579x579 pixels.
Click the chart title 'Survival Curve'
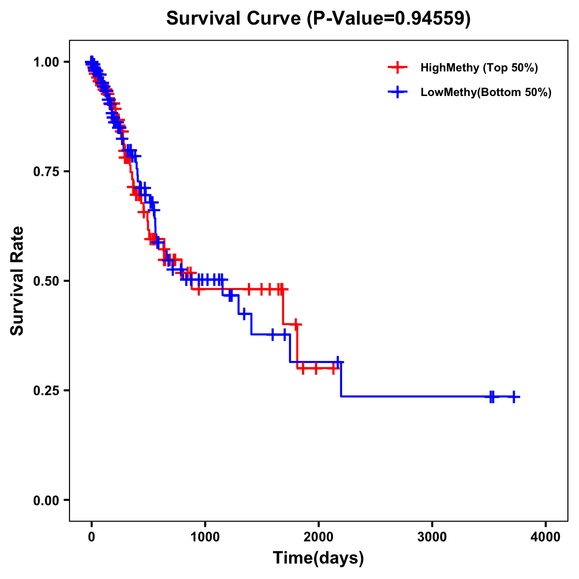pyautogui.click(x=234, y=18)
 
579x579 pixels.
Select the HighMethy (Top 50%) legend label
pyautogui.click(x=479, y=68)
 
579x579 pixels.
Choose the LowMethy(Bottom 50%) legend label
pyautogui.click(x=486, y=92)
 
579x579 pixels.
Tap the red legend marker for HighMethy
pyautogui.click(x=397, y=68)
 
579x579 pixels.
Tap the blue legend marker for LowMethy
pyautogui.click(x=397, y=92)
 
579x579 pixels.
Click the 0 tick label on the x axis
pyautogui.click(x=92, y=537)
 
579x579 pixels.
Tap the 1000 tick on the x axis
pyautogui.click(x=205, y=537)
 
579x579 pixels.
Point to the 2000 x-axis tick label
pyautogui.click(x=318, y=537)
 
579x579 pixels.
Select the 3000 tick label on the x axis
pyautogui.click(x=432, y=537)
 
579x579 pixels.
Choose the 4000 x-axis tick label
pyautogui.click(x=546, y=537)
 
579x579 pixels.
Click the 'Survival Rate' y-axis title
pyautogui.click(x=17, y=280)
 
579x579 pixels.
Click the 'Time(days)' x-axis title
pyautogui.click(x=318, y=558)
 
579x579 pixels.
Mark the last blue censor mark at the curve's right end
pyautogui.click(x=514, y=397)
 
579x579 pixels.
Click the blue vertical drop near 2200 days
pyautogui.click(x=341, y=379)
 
